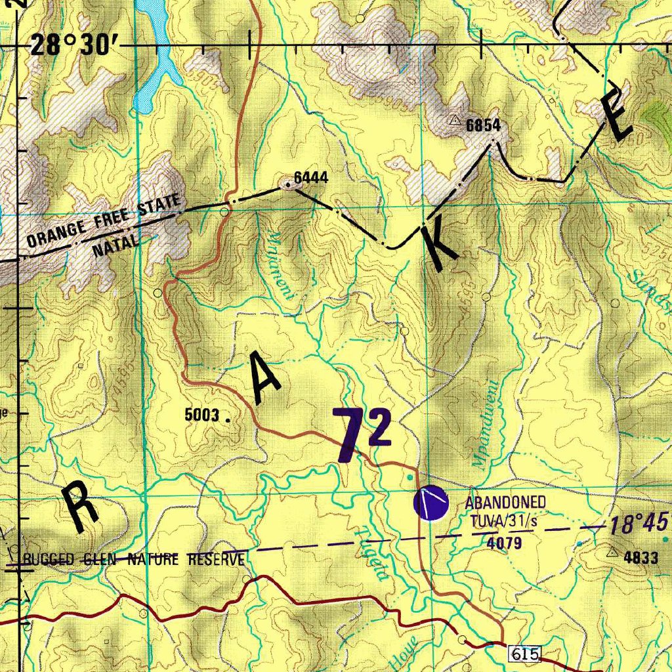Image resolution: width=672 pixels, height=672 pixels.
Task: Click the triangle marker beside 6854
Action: tap(454, 120)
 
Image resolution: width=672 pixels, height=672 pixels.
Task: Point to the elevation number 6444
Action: tap(310, 177)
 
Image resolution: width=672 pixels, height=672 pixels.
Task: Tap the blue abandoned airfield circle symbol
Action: tap(430, 503)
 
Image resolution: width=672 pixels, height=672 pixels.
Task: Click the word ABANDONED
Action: tap(505, 503)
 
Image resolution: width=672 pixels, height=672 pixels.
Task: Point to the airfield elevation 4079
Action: tap(504, 542)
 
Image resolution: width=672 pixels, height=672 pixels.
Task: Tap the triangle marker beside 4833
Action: tap(614, 552)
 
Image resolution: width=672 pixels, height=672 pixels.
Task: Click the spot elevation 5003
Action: tap(202, 415)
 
